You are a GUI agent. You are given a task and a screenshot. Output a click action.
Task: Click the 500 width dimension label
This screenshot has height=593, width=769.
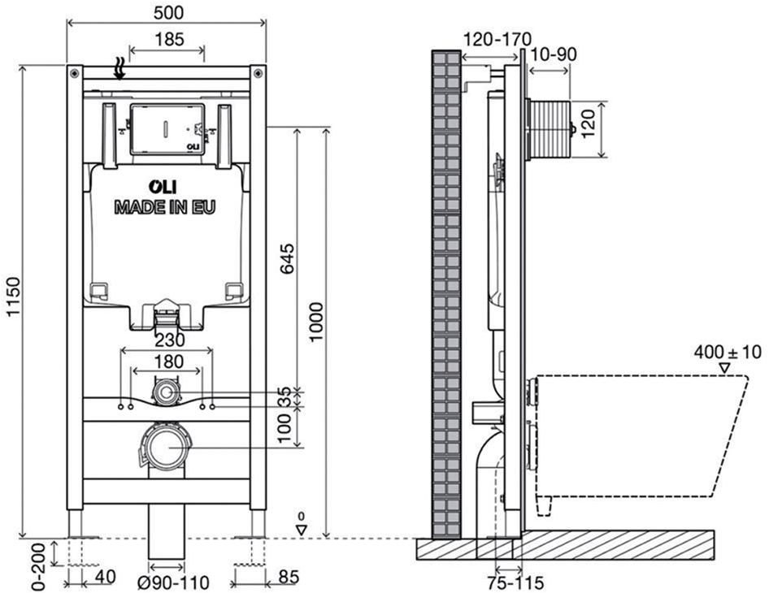point(168,12)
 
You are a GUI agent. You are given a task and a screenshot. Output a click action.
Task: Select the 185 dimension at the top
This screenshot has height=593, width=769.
point(169,39)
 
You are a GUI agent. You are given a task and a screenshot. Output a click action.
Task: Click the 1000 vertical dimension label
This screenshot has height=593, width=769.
point(316,322)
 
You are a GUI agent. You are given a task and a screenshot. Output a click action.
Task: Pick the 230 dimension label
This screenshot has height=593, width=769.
point(170,339)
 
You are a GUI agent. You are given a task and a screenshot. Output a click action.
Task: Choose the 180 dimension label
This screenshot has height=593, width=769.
point(169,361)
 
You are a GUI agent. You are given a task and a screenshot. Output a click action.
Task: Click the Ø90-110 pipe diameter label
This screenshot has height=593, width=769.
point(173,582)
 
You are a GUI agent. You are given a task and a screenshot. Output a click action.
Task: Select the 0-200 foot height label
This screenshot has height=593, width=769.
point(39,566)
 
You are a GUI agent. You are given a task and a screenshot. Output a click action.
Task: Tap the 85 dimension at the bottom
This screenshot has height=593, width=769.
point(288,577)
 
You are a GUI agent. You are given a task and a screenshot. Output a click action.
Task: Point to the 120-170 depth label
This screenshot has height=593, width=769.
point(497,39)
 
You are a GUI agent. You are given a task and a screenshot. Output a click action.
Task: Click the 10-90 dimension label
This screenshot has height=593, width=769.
point(554,54)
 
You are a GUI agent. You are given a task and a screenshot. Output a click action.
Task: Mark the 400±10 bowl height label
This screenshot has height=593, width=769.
point(728,352)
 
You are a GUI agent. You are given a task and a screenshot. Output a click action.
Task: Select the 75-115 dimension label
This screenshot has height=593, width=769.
point(515,582)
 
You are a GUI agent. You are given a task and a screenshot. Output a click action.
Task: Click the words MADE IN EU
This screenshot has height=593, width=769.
point(165,207)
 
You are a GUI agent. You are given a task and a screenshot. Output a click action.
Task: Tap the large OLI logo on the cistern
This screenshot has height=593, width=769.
point(163,187)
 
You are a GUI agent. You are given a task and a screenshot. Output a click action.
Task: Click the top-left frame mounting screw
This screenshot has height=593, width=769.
point(75,73)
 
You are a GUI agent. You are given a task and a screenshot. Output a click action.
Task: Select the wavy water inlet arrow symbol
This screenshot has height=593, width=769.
point(119,68)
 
